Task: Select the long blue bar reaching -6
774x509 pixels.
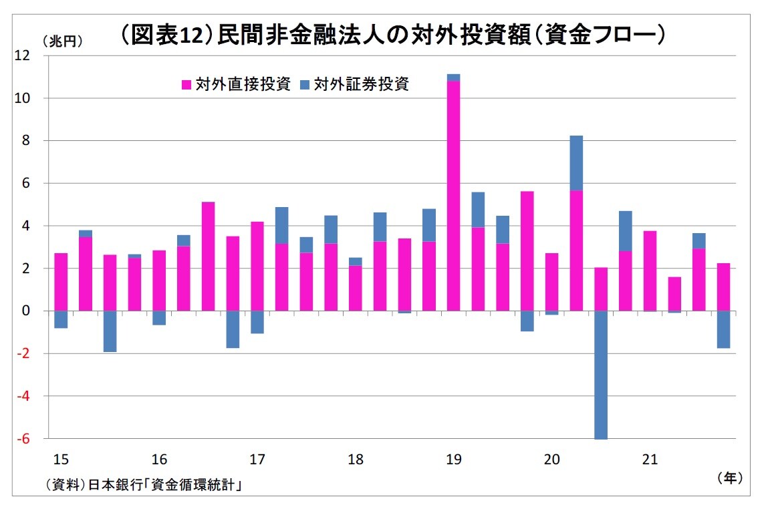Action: (x=601, y=375)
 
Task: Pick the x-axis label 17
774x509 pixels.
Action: (x=257, y=460)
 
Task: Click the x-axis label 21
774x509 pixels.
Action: (x=650, y=460)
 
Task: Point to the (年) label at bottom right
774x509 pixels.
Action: (x=729, y=478)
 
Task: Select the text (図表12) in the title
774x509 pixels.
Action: (x=167, y=35)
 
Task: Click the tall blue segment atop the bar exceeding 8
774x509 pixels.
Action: (x=576, y=163)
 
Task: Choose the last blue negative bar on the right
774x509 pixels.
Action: (x=723, y=329)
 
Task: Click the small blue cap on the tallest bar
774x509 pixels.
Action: (x=453, y=77)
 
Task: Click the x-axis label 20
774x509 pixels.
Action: (x=551, y=460)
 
